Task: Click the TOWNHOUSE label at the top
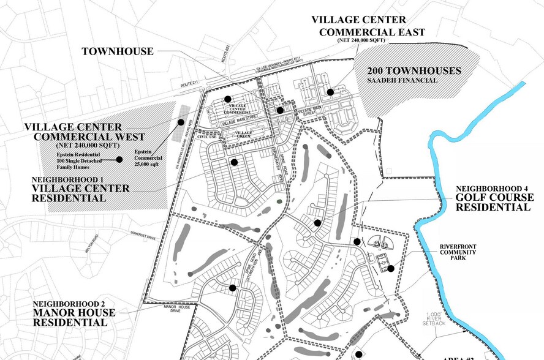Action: (118, 51)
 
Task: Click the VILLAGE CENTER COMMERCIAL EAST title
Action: (377, 26)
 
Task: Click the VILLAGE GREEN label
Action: (244, 133)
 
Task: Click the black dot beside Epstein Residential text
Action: (119, 160)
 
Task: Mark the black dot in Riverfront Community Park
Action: (391, 268)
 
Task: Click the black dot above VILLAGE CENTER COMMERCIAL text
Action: (227, 99)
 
